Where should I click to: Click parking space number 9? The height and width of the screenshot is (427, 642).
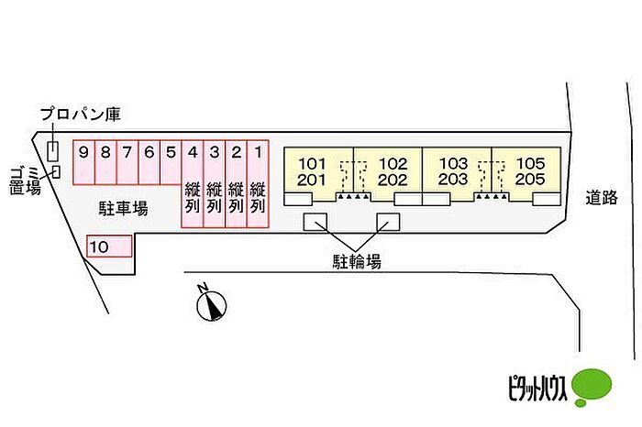[x=84, y=162]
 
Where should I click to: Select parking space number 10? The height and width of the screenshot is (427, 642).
[x=109, y=246]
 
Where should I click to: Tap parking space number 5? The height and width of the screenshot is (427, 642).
[x=171, y=162]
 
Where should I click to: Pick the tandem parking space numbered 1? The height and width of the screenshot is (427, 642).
[x=258, y=183]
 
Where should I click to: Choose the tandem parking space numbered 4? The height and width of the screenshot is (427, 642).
[x=193, y=183]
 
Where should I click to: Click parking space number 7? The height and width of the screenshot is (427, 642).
[x=127, y=162]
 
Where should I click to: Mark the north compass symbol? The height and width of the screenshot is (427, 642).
[x=211, y=303]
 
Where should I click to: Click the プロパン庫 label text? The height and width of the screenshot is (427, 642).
[x=81, y=115]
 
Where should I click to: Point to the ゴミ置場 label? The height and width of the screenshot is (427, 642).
[x=25, y=181]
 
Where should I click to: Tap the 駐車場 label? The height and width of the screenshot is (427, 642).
[x=123, y=209]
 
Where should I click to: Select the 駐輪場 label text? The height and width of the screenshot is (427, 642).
[x=357, y=261]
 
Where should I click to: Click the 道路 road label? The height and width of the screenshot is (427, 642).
[x=602, y=198]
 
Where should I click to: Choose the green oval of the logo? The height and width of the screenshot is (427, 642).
[x=592, y=386]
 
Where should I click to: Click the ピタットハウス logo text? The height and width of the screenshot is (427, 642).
[x=538, y=388]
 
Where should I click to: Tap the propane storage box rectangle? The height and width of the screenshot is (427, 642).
[x=52, y=151]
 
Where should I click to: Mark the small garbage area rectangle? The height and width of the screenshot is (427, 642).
[x=57, y=171]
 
